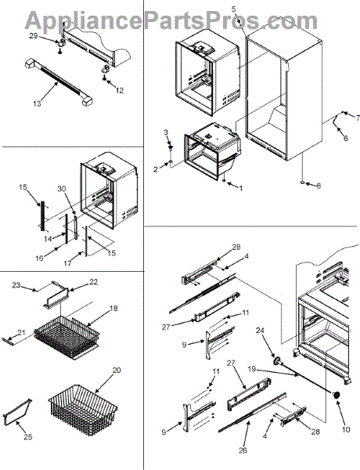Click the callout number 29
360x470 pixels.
33,36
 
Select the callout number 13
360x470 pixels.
37,103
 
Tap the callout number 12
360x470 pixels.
120,90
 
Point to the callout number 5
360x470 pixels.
234,9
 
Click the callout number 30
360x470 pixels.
62,189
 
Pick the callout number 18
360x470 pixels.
113,308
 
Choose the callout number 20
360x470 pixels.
117,371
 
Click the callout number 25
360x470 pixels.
28,437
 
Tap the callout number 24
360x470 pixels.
261,331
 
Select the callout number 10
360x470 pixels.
346,429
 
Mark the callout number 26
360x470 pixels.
243,450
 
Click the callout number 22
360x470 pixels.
93,282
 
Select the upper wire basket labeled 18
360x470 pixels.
67,338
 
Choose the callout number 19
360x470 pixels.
252,369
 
